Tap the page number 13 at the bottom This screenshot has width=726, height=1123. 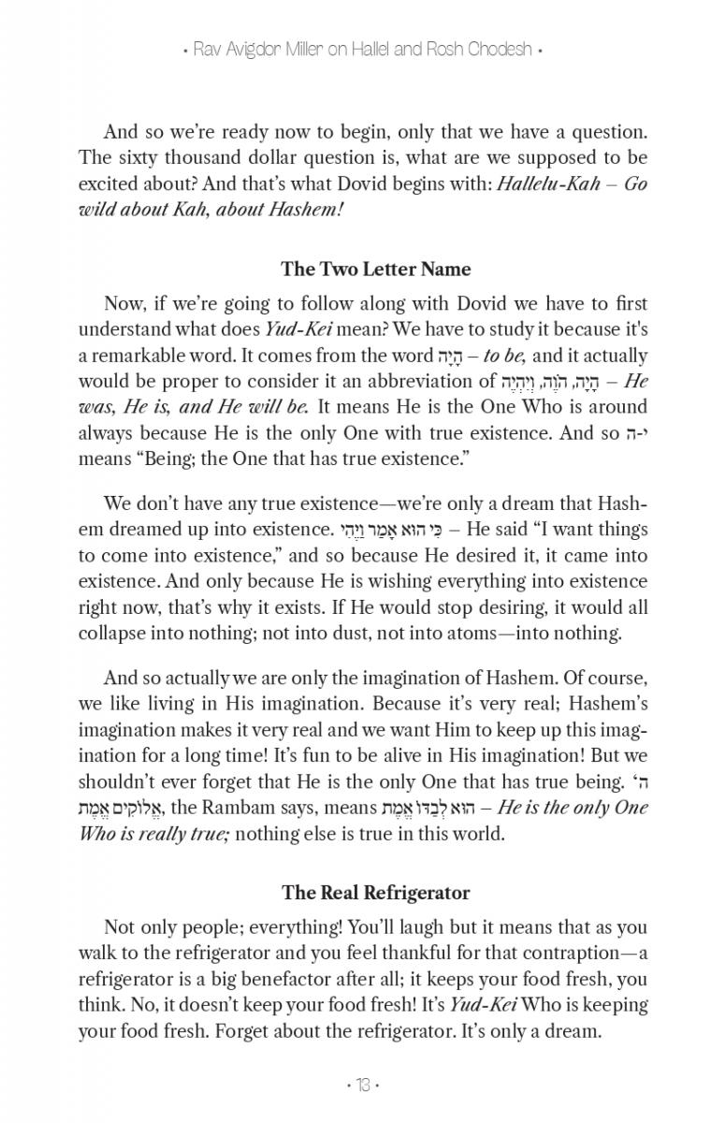pyautogui.click(x=363, y=1086)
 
